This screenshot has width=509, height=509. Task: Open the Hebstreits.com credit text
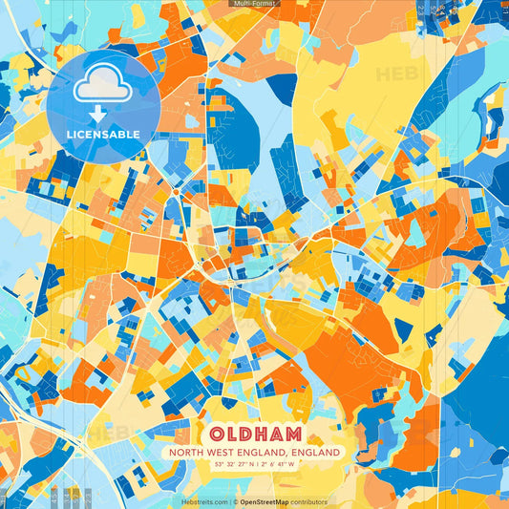pos(204,501)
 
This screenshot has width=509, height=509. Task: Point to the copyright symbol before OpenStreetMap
pos(235,501)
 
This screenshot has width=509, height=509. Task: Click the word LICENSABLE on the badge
pos(103,134)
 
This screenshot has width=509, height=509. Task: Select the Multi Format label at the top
pos(254,4)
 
